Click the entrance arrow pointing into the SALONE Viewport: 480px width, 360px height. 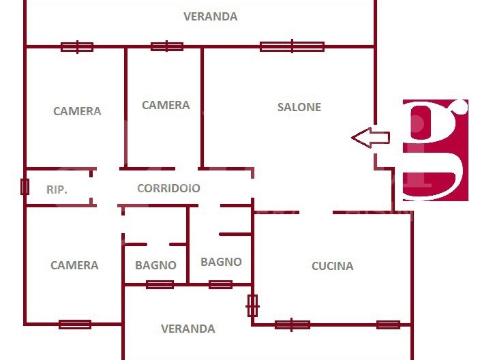[370, 138]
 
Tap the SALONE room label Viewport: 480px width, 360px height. [299, 107]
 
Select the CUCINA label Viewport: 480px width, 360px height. [332, 266]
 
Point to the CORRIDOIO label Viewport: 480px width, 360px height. [168, 188]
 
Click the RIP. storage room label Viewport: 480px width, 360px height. [57, 190]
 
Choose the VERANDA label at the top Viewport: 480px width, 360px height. [211, 16]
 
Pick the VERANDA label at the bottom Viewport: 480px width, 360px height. [188, 329]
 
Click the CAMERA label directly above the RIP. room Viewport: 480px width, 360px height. [77, 111]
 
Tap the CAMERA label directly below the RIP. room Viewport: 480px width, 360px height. [74, 265]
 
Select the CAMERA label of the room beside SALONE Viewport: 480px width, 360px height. [166, 105]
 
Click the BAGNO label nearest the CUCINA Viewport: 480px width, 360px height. [221, 261]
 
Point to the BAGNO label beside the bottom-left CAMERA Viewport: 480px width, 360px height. [155, 265]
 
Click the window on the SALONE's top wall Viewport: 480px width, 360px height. [292, 46]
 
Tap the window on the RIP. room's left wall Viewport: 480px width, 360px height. [25, 186]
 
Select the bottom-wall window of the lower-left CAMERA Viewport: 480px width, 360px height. [75, 325]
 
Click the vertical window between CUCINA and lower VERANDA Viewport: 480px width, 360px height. [252, 305]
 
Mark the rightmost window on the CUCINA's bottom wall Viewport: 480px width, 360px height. [388, 325]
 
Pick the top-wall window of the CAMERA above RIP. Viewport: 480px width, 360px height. [77, 47]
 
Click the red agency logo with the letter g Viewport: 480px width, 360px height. [435, 150]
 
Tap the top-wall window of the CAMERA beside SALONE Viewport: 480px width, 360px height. [166, 46]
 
